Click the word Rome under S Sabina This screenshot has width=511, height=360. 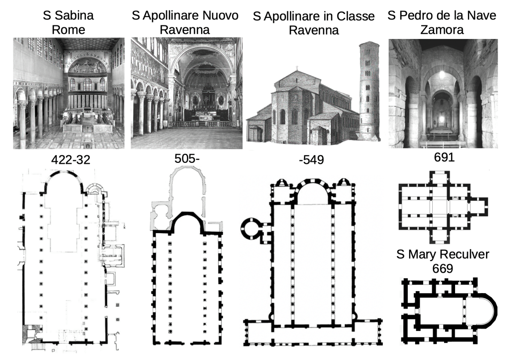[x=68, y=29]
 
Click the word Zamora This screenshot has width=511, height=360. [x=442, y=29]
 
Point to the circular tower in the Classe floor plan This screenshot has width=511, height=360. [x=252, y=229]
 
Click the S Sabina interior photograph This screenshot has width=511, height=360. [x=68, y=93]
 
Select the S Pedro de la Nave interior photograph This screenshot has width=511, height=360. [x=443, y=93]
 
